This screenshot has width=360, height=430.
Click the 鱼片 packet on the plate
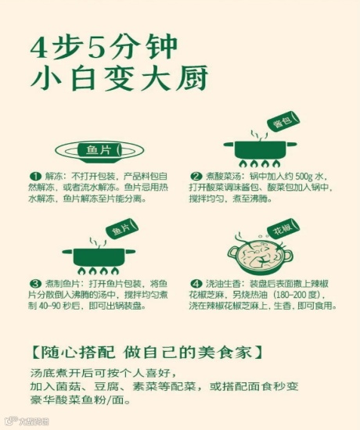[99, 150]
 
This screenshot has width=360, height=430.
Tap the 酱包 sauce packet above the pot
[283, 121]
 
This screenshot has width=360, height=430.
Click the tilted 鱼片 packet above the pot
[122, 229]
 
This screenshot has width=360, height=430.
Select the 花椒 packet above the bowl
[283, 228]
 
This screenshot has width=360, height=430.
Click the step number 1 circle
[35, 177]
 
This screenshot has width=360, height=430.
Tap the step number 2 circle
[196, 177]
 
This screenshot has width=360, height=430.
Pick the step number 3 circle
[35, 283]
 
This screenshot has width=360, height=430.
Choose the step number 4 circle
[196, 283]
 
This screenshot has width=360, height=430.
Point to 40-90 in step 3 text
[50, 306]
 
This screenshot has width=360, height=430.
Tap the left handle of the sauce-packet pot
[229, 144]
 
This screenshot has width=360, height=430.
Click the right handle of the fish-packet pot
[130, 251]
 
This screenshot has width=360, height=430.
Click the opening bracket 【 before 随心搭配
[35, 353]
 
